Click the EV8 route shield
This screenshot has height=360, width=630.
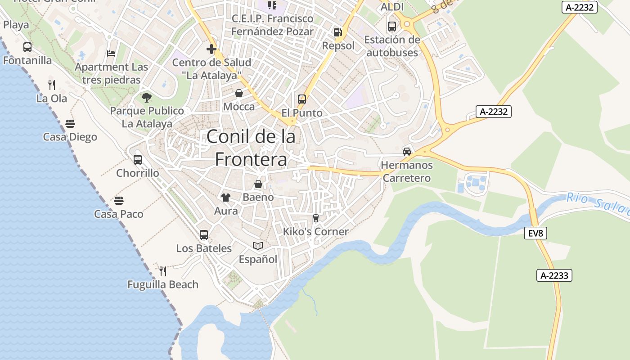(x=535, y=233)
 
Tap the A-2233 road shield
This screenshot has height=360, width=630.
(x=554, y=275)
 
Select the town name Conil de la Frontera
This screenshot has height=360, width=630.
(x=251, y=148)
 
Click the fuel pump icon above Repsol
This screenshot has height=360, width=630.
(x=337, y=32)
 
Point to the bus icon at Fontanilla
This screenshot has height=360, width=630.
(x=27, y=47)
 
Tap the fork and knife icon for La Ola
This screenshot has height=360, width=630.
(x=52, y=85)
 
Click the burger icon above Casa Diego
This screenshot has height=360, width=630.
(x=70, y=123)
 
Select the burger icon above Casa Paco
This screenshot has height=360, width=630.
(x=119, y=200)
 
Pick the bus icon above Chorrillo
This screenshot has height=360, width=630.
(x=138, y=159)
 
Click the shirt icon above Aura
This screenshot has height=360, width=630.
(x=226, y=197)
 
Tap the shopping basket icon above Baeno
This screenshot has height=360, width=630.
(x=258, y=184)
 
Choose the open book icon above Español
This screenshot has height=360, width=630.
(x=258, y=246)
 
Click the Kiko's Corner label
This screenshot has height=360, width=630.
(x=315, y=232)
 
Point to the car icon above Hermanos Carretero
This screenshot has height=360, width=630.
(x=407, y=151)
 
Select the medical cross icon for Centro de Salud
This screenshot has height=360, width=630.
(x=211, y=49)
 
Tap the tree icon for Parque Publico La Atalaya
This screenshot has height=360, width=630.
(x=147, y=97)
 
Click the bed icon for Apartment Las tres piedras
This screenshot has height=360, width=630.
(x=111, y=54)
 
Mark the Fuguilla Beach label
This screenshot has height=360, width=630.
(x=162, y=284)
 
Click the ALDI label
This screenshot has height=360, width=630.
(x=392, y=7)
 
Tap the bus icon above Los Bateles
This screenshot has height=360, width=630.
(x=204, y=234)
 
